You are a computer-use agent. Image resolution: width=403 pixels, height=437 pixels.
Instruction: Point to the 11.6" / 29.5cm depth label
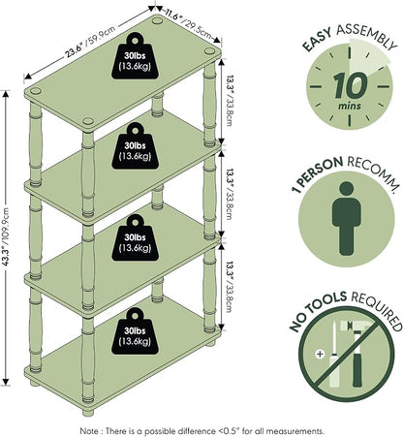click(188, 23)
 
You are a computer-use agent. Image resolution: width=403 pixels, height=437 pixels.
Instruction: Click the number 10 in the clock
click(350, 85)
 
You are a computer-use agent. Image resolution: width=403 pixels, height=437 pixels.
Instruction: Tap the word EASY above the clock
click(317, 40)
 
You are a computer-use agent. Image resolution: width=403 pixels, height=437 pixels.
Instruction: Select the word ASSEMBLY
click(367, 36)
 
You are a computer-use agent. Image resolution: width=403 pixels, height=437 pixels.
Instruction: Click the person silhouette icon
click(346, 218)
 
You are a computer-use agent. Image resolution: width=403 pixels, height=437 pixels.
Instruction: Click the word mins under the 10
click(350, 106)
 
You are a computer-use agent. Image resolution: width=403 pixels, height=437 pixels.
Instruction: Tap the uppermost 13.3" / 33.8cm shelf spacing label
click(229, 101)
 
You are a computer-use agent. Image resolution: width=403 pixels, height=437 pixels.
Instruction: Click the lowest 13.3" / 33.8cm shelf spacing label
click(229, 287)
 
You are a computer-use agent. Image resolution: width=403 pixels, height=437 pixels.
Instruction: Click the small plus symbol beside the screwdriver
click(320, 355)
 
